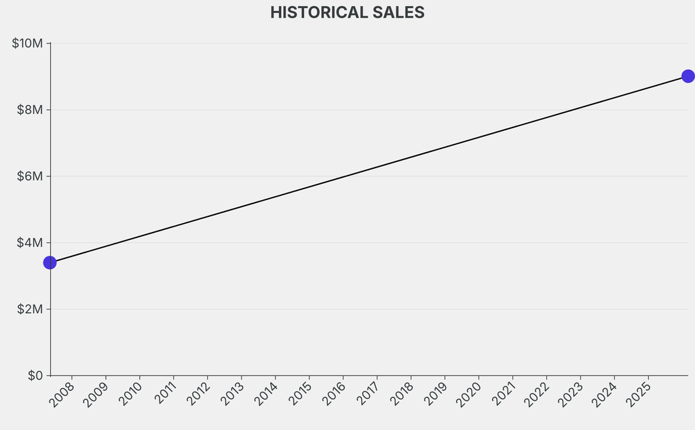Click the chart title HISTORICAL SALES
click(347, 12)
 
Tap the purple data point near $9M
click(688, 76)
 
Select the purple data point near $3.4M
click(50, 262)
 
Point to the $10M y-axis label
click(27, 43)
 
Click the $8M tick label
click(30, 110)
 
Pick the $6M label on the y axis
click(30, 176)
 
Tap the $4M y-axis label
click(30, 243)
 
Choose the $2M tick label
click(30, 309)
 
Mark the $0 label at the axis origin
click(35, 375)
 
